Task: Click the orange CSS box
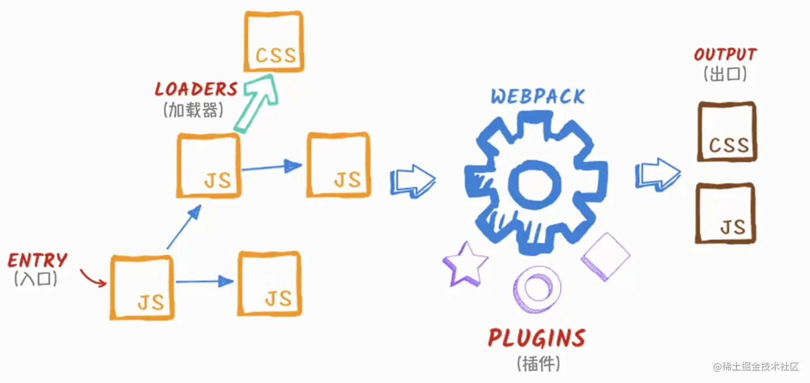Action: (274, 41)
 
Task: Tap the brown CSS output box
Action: (726, 132)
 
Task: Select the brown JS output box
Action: (726, 213)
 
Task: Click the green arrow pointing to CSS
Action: (257, 101)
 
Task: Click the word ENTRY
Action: (37, 261)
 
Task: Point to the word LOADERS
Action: (196, 89)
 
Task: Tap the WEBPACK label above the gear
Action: (538, 97)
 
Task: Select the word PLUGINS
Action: (536, 339)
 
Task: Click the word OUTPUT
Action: (725, 55)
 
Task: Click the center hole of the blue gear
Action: (535, 181)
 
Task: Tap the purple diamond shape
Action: (605, 256)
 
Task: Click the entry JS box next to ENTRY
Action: (142, 288)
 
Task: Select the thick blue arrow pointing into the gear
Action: (412, 180)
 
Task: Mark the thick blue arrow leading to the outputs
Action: (657, 174)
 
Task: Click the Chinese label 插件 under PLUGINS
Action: (538, 364)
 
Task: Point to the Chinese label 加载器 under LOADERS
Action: (192, 110)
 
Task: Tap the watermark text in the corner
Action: (756, 367)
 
